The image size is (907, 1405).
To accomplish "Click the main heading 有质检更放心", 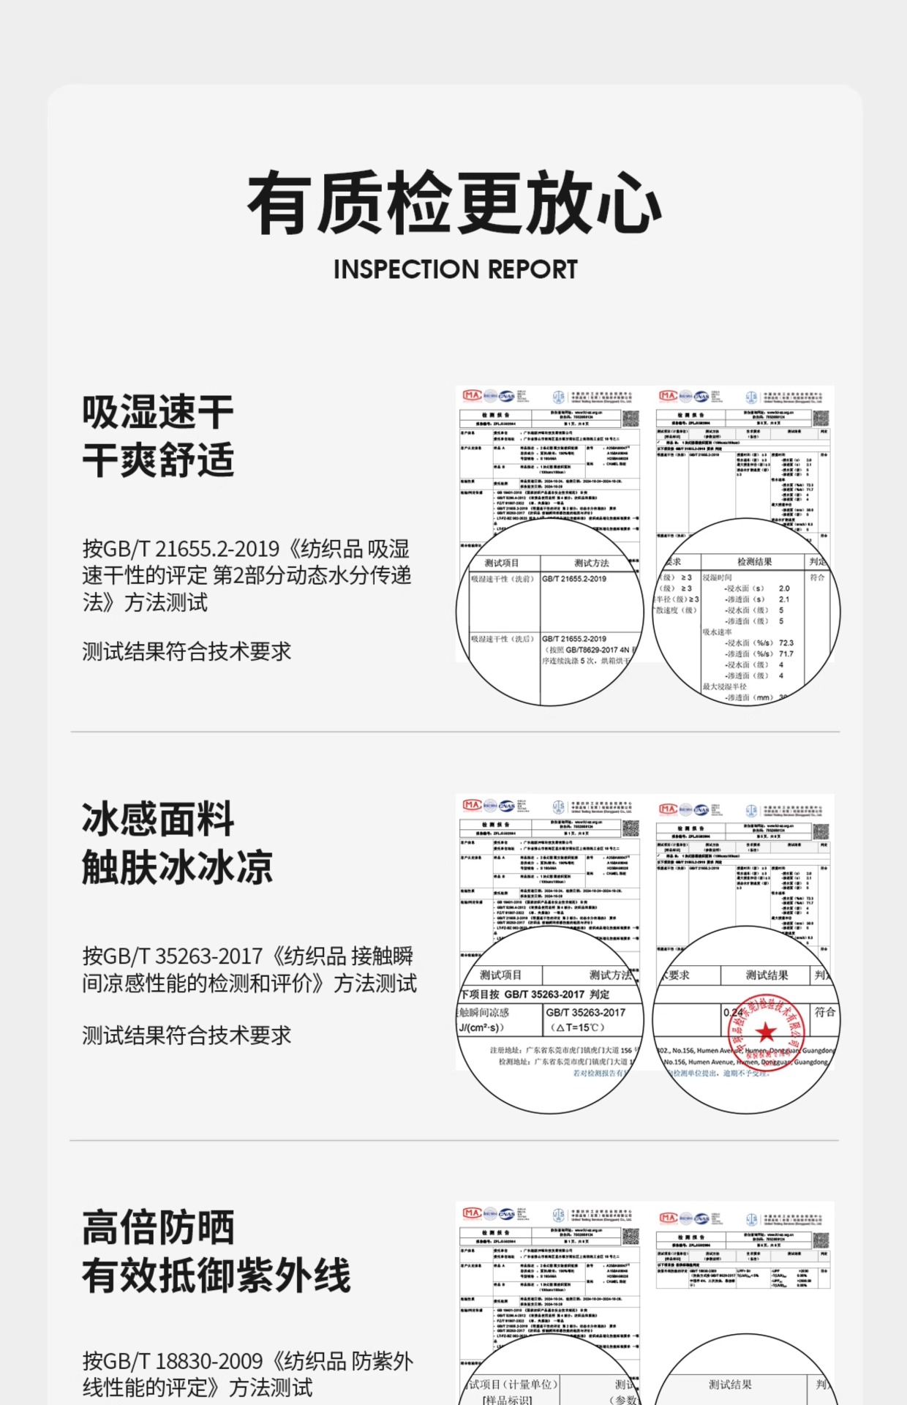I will coord(454,203).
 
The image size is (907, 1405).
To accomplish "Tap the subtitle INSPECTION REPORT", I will coord(455,269).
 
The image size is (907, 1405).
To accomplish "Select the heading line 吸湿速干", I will coord(158,411).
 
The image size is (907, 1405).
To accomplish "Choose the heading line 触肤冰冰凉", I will coord(177,867).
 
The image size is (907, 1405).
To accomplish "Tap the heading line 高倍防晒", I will coord(158,1227).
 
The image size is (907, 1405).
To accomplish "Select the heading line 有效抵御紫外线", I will coord(217,1275).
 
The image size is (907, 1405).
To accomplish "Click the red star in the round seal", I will coord(766,1033).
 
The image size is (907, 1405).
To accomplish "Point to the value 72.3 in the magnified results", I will coord(786,642).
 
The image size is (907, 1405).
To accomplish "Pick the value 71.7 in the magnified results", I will coord(786,653).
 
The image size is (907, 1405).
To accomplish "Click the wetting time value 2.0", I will coord(784,588).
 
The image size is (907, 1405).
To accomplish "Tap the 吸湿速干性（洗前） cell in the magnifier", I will coord(502,579).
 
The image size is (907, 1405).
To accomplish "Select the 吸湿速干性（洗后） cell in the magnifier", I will coord(502,639).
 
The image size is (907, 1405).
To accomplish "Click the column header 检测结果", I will coord(754,561).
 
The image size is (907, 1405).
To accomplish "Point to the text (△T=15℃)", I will coord(578,1027).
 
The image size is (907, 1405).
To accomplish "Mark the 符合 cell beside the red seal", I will coord(824,1012).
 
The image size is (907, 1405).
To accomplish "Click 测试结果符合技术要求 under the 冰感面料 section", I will coord(187,1035).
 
